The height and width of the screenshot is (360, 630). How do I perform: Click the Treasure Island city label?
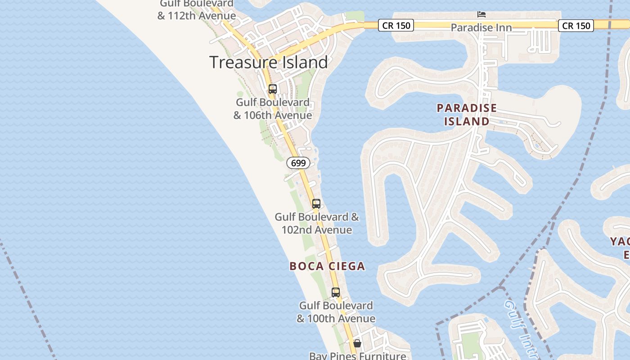269,62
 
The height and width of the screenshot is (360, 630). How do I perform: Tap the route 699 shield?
298,163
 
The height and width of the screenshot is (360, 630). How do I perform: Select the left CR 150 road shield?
396,25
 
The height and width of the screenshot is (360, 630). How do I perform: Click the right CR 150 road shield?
576,25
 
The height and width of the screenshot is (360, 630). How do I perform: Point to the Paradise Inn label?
481,28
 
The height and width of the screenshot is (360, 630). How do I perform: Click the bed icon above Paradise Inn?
481,14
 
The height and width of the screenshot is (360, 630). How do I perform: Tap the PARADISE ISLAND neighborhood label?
467,114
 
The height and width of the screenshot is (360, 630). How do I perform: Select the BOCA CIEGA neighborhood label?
327,266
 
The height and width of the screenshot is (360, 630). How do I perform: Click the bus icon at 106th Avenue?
272,89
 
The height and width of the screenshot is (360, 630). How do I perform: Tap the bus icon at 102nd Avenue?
316,203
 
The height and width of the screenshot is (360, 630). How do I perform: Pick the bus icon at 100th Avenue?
335,292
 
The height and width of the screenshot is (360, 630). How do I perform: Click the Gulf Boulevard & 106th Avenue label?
273,109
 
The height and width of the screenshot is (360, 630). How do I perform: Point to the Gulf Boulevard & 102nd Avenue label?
317,223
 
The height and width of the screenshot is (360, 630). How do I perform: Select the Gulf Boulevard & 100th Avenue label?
336,312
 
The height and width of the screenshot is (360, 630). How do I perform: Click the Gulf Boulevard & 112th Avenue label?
197,10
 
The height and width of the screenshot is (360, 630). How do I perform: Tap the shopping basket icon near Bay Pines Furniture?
357,343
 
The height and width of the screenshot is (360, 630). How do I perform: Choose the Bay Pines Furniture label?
357,355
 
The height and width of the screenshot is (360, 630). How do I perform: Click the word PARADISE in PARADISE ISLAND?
467,108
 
